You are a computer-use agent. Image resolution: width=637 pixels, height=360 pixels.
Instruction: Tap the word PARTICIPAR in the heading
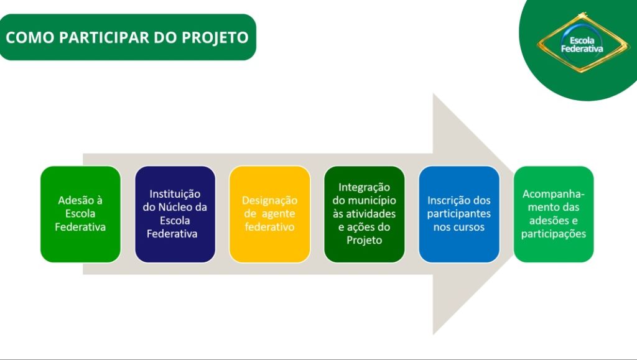[x=105, y=37]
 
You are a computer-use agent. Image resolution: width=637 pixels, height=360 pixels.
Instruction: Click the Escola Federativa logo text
[x=582, y=45]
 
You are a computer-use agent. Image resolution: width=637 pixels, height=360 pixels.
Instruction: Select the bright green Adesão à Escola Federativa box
[x=80, y=214]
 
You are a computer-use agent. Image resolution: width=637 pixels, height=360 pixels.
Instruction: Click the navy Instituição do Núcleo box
[x=175, y=214]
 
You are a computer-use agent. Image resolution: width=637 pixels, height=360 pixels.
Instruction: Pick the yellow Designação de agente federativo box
[x=270, y=214]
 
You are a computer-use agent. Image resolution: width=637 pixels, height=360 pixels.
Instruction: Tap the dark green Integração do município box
[x=365, y=214]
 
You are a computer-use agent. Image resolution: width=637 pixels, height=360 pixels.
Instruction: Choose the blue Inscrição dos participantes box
[x=459, y=214]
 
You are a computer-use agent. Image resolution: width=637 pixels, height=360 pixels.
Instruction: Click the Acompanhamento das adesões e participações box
[x=554, y=214]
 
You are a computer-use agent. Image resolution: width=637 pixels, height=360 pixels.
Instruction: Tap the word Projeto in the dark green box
[x=365, y=240]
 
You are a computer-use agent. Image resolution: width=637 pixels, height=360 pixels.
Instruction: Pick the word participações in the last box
[x=554, y=234]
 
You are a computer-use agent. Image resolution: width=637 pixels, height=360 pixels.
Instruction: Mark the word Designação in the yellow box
[x=270, y=201]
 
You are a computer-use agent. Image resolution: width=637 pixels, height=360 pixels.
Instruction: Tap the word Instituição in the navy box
[x=175, y=194]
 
